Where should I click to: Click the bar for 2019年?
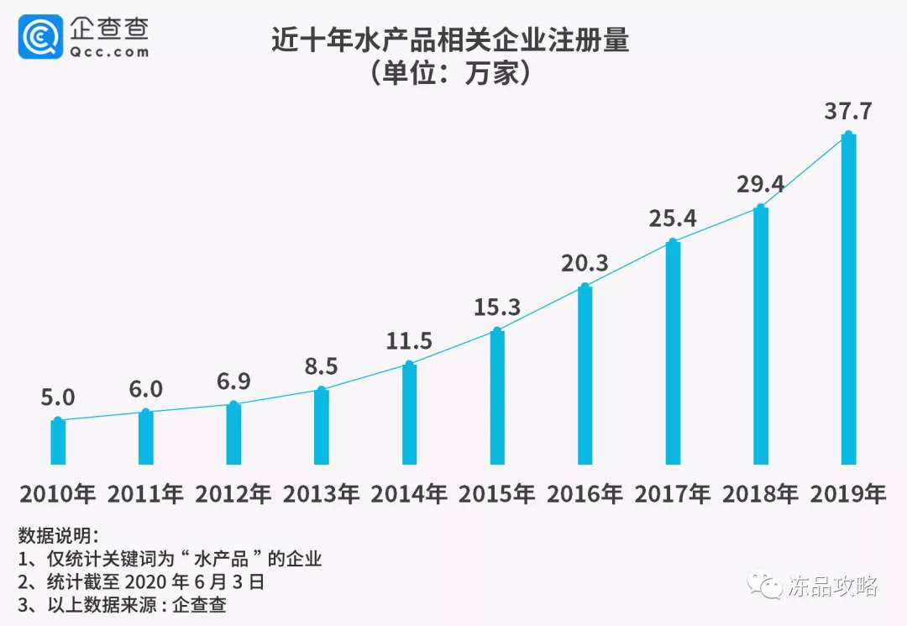tap(848, 298)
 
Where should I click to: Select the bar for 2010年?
tap(58, 441)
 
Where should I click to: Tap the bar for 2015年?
tap(497, 397)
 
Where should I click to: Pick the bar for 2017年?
tap(673, 353)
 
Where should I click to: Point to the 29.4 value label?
tap(760, 184)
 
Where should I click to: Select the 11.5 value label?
tap(409, 341)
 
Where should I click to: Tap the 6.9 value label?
tap(233, 382)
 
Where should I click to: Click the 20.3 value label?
tap(585, 264)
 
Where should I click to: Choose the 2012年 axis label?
tap(233, 494)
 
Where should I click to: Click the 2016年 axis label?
tap(585, 494)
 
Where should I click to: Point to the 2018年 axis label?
tap(760, 494)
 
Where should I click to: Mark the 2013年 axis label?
tap(321, 494)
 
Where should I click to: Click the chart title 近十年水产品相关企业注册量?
tap(450, 39)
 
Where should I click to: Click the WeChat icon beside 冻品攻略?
tap(768, 585)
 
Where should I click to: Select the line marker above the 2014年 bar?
tap(409, 365)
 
